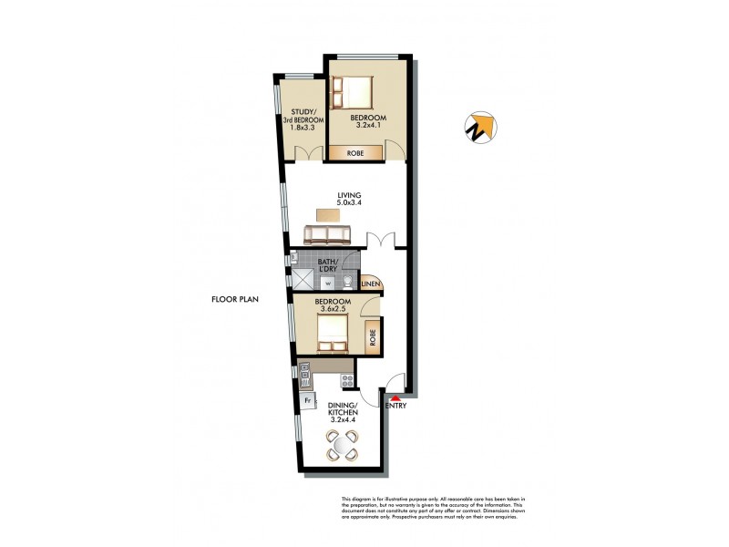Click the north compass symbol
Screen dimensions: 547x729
tap(480, 128)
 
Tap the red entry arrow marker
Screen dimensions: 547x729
tap(395, 397)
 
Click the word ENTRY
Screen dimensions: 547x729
tap(396, 406)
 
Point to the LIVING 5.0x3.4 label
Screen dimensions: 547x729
tap(350, 200)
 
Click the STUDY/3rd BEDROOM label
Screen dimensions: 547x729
tap(301, 121)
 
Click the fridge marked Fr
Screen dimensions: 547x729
tap(308, 399)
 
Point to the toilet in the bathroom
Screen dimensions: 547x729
tap(348, 282)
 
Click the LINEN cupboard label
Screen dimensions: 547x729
tap(371, 284)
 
